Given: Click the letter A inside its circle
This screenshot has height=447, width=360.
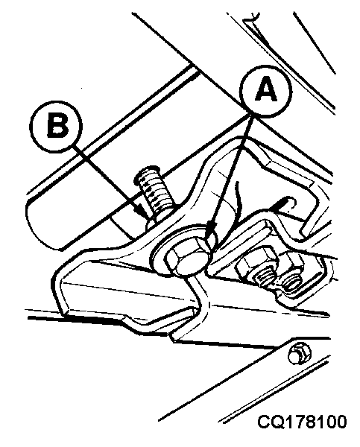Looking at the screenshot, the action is point(266,89).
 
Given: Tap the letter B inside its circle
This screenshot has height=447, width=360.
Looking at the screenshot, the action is point(57,124).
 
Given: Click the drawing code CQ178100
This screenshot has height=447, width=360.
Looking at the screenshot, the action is point(302,422).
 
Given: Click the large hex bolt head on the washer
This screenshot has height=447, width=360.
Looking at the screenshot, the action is point(186,258).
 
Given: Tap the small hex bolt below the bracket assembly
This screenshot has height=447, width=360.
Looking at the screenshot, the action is point(298,354).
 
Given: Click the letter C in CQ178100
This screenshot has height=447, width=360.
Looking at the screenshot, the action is point(264,422).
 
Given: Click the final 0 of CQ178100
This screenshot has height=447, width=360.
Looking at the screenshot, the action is point(341,422).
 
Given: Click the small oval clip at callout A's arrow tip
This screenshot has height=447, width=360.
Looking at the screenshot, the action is point(212,239).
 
